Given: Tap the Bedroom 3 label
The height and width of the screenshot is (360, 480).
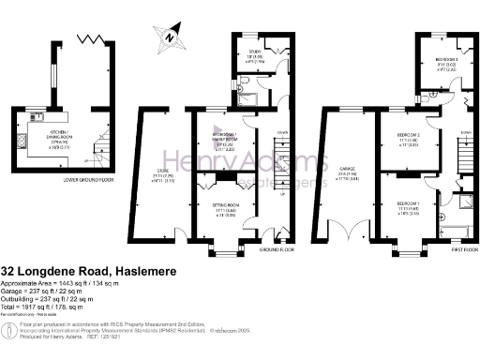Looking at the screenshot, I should coord(434,60).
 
